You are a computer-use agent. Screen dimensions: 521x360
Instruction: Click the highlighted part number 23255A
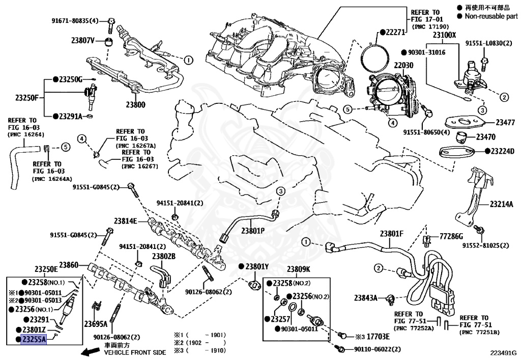[34, 340]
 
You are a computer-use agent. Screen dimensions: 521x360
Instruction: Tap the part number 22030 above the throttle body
[403, 65]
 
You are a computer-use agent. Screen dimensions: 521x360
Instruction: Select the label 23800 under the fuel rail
[135, 105]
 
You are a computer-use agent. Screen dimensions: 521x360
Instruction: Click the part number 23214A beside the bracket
[501, 204]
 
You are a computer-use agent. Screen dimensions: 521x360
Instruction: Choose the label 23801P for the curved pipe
[253, 230]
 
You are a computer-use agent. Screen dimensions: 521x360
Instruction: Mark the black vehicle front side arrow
[91, 351]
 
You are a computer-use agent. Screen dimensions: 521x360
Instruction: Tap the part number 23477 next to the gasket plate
[505, 122]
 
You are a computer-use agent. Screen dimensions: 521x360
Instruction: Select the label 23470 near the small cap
[485, 137]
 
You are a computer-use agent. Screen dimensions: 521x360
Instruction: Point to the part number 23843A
[365, 298]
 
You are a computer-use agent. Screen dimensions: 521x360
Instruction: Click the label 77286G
[451, 236]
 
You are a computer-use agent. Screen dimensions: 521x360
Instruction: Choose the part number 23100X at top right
[445, 35]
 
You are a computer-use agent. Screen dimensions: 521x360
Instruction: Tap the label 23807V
[83, 41]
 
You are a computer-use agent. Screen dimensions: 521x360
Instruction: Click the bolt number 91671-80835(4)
[75, 20]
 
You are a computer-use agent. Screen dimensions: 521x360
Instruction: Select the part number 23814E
[126, 221]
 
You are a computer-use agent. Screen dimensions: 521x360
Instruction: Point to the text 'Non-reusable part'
[491, 16]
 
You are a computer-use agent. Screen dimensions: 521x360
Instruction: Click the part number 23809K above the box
[298, 269]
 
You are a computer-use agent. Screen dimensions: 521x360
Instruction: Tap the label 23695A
[96, 324]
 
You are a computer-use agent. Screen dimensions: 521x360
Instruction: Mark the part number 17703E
[378, 337]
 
